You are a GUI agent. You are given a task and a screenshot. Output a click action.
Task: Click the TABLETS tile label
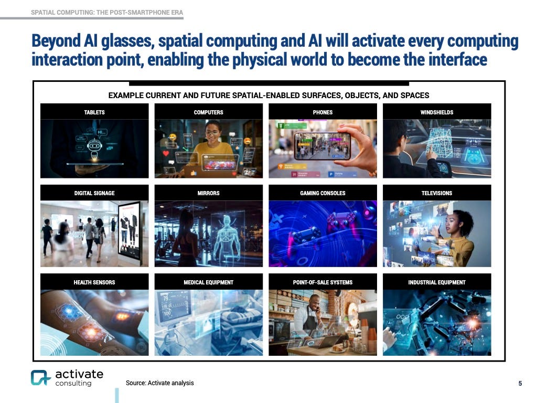(94, 112)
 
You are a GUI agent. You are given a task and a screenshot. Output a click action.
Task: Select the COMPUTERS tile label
(208, 112)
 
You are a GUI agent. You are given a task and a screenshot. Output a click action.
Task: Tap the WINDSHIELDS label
(437, 112)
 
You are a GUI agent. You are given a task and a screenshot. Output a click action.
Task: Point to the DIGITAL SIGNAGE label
(94, 193)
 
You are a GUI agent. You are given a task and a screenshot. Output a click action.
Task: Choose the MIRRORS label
(208, 193)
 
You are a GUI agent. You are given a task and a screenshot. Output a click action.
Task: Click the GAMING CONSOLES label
(323, 193)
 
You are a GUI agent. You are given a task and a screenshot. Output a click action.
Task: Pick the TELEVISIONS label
(437, 193)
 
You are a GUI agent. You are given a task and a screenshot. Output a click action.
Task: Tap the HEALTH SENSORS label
(94, 282)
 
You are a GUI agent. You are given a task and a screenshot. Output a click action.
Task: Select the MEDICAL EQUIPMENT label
(208, 282)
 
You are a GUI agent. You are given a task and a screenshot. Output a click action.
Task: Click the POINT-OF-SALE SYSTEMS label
(323, 282)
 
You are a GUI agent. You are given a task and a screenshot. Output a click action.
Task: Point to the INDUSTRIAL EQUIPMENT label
(437, 282)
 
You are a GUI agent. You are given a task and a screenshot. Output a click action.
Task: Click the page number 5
(520, 384)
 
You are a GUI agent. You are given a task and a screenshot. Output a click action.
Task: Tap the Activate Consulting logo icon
(40, 378)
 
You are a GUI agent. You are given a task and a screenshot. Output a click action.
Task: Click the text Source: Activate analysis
(159, 383)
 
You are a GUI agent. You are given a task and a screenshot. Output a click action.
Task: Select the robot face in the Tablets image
(95, 146)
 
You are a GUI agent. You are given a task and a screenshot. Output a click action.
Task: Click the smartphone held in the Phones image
(322, 145)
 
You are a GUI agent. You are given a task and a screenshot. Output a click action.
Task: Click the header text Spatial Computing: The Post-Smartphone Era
(107, 12)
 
